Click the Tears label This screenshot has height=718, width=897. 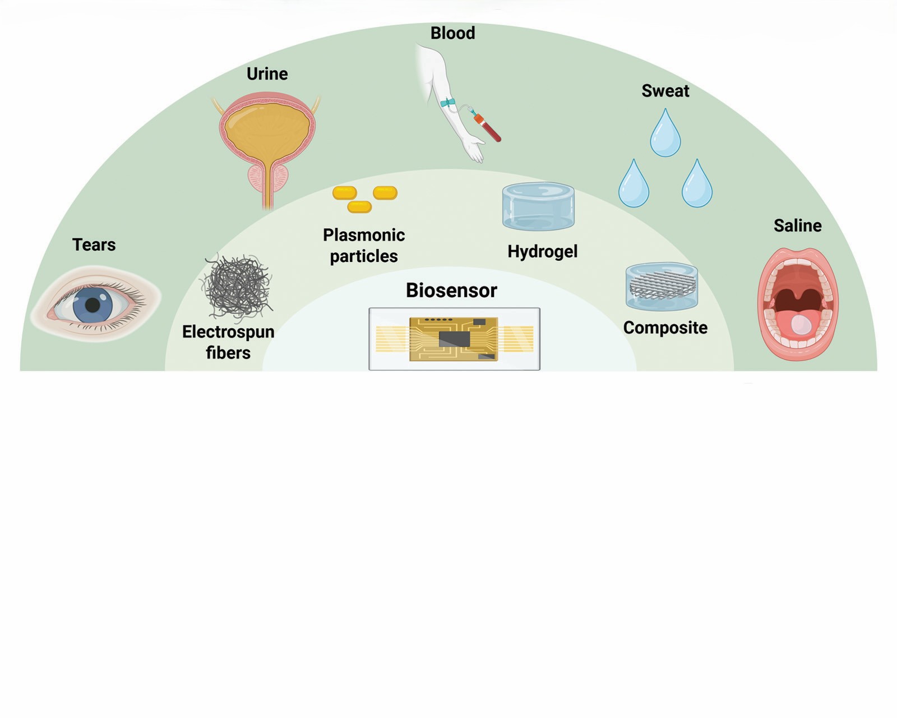click(94, 245)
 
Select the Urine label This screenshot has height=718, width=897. click(267, 73)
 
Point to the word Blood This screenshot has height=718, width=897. click(452, 33)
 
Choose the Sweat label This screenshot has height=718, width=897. click(665, 91)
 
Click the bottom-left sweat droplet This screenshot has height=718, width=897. click(634, 186)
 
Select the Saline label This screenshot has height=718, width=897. click(797, 225)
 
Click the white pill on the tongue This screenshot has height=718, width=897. click(801, 324)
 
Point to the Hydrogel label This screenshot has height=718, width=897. click(542, 251)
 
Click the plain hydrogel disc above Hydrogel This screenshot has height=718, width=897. click(538, 206)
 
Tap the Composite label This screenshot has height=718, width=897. click(665, 328)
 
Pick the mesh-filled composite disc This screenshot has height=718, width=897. click(662, 286)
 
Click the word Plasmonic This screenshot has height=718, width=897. click(363, 234)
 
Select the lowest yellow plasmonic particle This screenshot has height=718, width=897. click(359, 207)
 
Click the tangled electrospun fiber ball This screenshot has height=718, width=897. click(238, 287)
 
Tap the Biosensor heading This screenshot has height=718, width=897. click(451, 290)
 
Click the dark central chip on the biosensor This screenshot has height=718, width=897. click(454, 338)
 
